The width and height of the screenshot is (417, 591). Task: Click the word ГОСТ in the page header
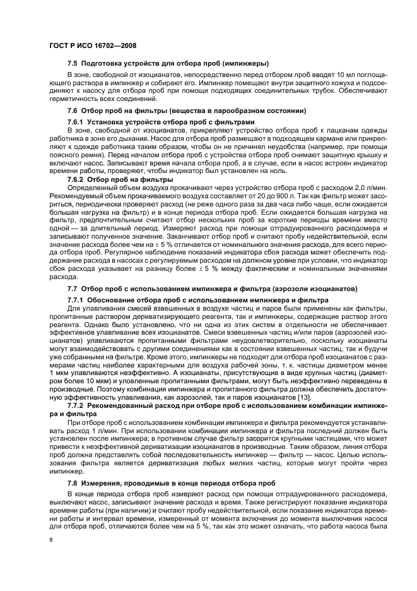[59, 45]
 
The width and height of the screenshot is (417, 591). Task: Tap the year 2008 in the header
[126, 45]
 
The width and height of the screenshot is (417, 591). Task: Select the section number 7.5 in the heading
[73, 63]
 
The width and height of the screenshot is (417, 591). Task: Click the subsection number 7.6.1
[76, 121]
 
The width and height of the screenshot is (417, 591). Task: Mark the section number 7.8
[73, 482]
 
